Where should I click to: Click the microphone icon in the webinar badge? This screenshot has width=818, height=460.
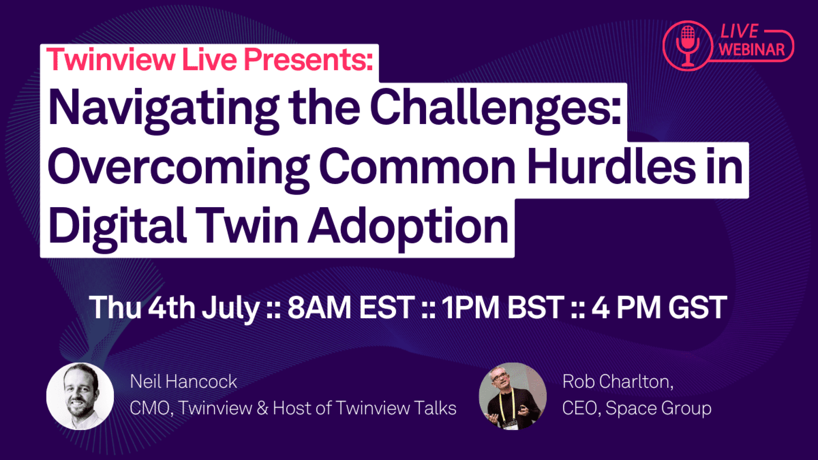(688, 46)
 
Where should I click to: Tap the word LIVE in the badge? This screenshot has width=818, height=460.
(739, 31)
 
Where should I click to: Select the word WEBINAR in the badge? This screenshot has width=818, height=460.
(752, 49)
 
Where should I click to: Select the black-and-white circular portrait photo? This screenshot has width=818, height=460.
(80, 396)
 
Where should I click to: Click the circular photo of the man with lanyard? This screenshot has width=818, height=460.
(512, 396)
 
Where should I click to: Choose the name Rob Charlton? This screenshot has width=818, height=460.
(618, 382)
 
